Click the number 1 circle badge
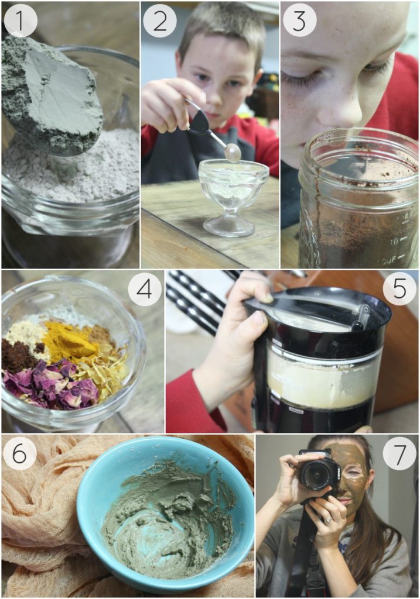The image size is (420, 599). coord(21,20)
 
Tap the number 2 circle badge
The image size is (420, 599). coord(159,20)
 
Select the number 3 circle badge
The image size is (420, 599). coord(299,20)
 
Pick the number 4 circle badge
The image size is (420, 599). coord(145,289)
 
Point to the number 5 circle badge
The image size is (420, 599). coord(399,289)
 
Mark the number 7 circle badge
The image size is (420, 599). coord(399,453)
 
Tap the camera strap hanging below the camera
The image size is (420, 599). coord(301,556)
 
